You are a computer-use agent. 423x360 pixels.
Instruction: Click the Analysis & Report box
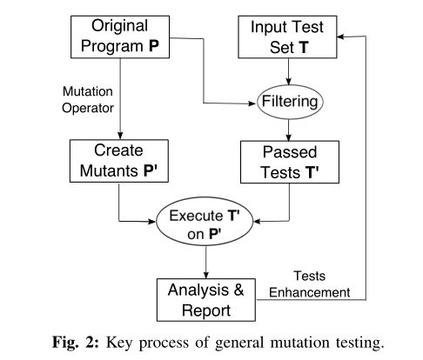pos(207,297)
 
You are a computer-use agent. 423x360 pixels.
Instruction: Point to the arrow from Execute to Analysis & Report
pos(207,262)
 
